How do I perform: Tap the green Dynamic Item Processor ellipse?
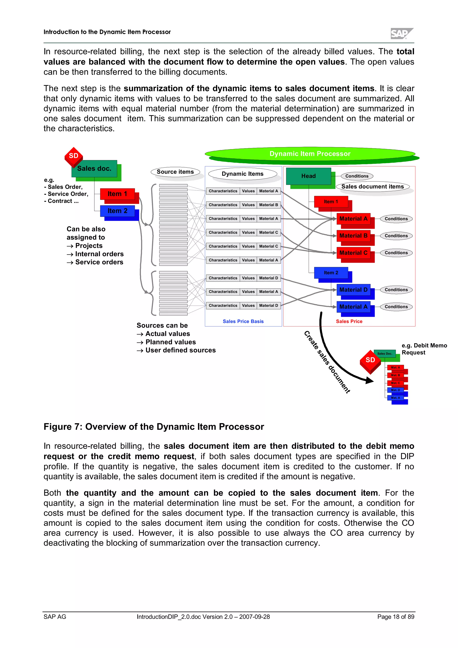click(310, 154)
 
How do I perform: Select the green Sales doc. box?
click(94, 169)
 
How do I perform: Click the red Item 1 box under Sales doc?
click(117, 194)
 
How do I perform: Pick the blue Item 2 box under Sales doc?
click(117, 211)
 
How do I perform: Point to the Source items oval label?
click(175, 172)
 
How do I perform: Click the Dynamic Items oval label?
click(242, 174)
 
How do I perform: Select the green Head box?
click(308, 176)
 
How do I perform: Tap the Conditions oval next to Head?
click(357, 176)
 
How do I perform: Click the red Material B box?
click(353, 236)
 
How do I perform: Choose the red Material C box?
click(353, 253)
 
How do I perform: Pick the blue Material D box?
click(353, 290)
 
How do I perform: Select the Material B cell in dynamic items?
click(268, 205)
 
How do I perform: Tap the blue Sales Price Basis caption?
click(243, 322)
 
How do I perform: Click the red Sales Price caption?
click(349, 322)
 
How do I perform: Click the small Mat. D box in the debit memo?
click(395, 390)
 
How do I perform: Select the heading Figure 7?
click(154, 427)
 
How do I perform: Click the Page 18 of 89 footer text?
click(396, 617)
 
